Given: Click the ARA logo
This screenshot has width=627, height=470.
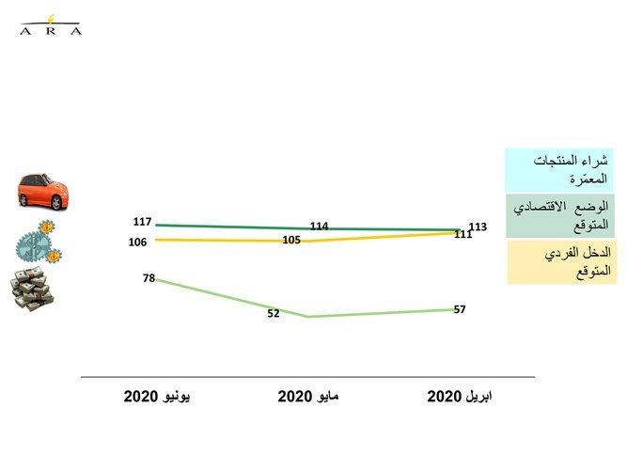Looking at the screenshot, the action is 51,25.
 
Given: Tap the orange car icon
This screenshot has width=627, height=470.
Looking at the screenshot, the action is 43,192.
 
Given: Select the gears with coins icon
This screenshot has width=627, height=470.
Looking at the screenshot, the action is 39,242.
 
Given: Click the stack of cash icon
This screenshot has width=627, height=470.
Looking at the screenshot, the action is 32,289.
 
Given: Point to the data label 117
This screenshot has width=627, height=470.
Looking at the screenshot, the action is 142,222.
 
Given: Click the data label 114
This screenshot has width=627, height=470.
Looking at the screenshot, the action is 319,226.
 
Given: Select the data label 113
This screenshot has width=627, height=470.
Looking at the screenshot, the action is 478,227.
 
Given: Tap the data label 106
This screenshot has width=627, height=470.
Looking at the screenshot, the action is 137,242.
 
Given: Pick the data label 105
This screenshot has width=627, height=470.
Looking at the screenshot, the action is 291,240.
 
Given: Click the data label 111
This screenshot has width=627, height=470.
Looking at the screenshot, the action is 463,234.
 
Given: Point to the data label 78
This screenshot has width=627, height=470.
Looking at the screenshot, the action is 149,278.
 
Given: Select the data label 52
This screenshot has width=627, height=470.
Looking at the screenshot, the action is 274,313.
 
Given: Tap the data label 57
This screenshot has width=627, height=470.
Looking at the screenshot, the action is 460,309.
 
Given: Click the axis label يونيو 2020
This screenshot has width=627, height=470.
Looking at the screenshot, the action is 157,397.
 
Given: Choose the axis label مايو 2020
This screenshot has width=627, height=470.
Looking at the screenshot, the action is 308,397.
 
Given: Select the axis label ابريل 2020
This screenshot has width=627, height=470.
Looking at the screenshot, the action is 460,397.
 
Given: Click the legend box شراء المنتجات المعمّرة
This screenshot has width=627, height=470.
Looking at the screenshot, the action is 559,170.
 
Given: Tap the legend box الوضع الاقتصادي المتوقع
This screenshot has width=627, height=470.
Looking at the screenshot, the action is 560,216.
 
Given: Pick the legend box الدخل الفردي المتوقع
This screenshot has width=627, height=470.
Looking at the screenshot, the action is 562,262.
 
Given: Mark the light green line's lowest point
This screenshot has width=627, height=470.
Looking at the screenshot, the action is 308,317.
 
